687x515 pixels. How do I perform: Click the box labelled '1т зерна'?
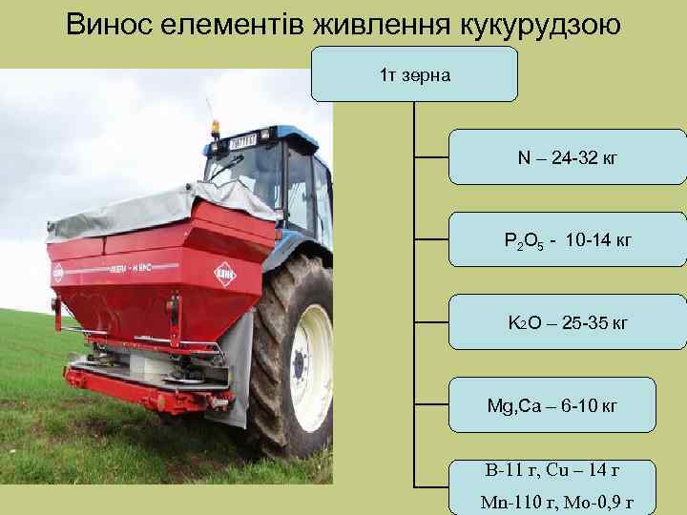point(414,73)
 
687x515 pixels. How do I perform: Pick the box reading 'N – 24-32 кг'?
point(567,156)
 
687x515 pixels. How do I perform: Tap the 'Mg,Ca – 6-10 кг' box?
point(552,405)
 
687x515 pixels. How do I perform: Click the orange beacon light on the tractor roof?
point(215,127)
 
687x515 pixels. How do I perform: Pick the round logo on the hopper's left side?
point(58,273)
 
